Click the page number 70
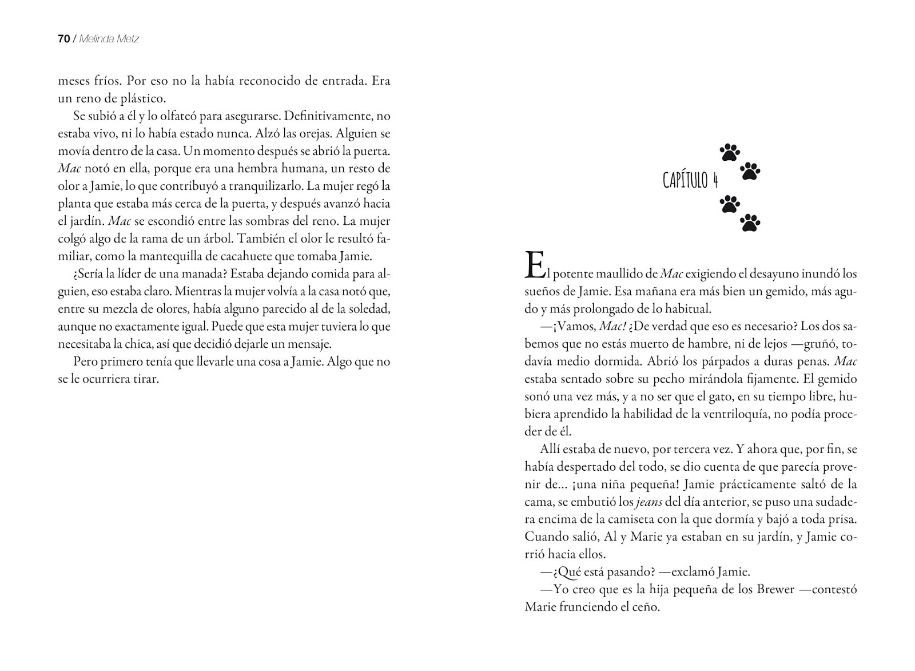click(63, 39)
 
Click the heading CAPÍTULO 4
click(690, 181)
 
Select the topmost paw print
click(730, 153)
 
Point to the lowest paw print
click(750, 223)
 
